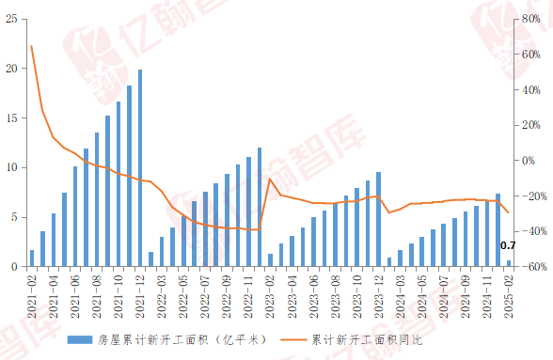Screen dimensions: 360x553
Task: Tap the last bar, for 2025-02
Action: pos(509,264)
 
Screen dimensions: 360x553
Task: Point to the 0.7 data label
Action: pos(508,245)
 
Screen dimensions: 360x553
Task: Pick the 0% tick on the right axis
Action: pos(531,161)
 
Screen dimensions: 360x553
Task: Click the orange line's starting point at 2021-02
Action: pos(32,46)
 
